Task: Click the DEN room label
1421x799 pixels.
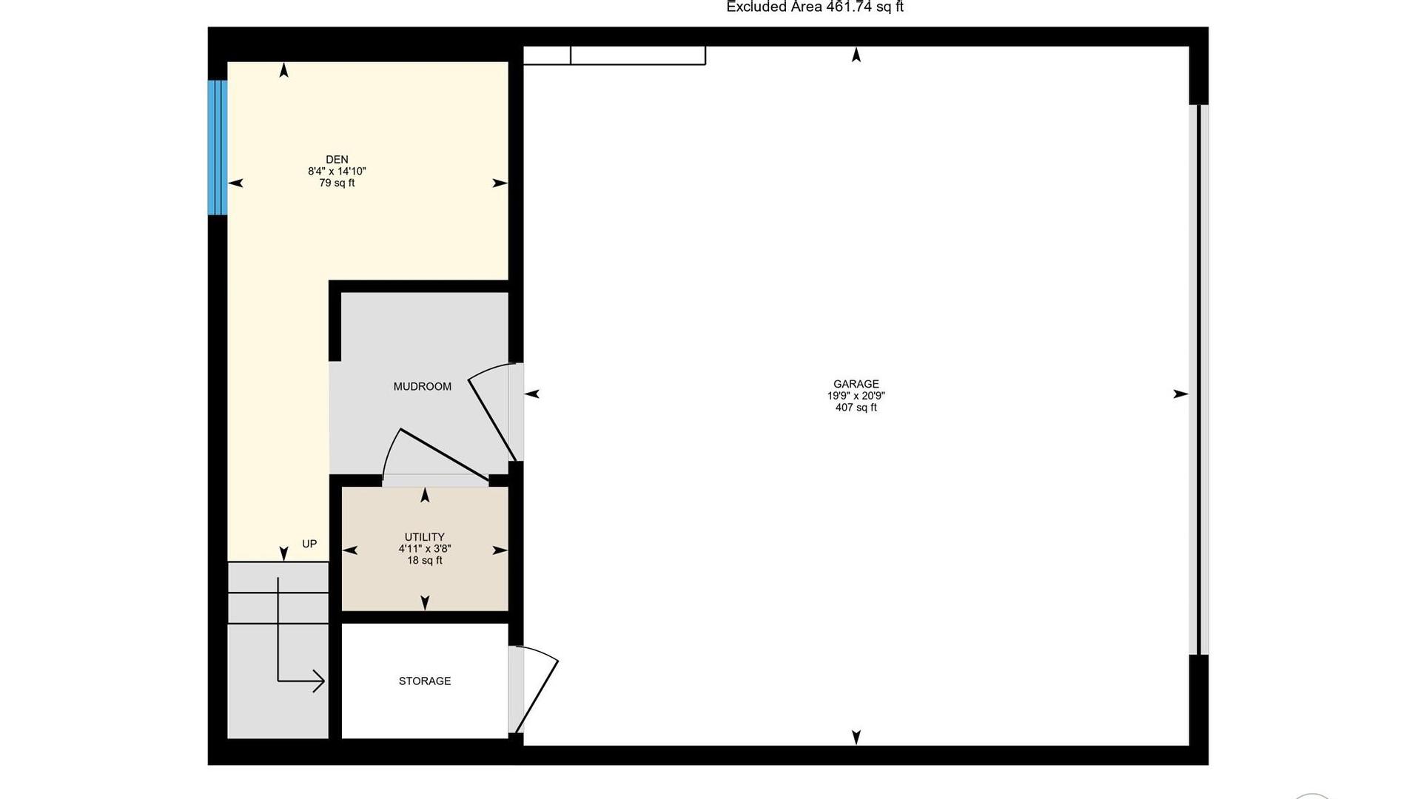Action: pos(337,159)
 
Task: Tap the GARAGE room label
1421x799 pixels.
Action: pos(856,384)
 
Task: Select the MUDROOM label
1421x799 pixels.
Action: pos(422,386)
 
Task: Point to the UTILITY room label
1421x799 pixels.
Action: pos(425,537)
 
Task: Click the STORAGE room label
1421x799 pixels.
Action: pos(425,681)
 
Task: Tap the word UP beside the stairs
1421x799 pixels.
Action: pos(309,544)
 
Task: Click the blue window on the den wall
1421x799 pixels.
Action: pos(217,147)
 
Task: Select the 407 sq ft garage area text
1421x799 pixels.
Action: pos(856,408)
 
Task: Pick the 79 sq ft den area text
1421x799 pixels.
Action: pos(337,183)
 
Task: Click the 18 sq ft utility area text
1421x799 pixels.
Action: pos(425,561)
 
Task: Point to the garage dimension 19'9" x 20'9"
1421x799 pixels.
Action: pos(856,396)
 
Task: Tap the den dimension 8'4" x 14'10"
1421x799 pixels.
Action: pos(337,172)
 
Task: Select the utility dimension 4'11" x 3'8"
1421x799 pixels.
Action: pos(425,549)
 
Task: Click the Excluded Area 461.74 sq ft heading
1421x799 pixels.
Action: pos(815,7)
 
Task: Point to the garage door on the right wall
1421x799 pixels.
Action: pos(1199,380)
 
